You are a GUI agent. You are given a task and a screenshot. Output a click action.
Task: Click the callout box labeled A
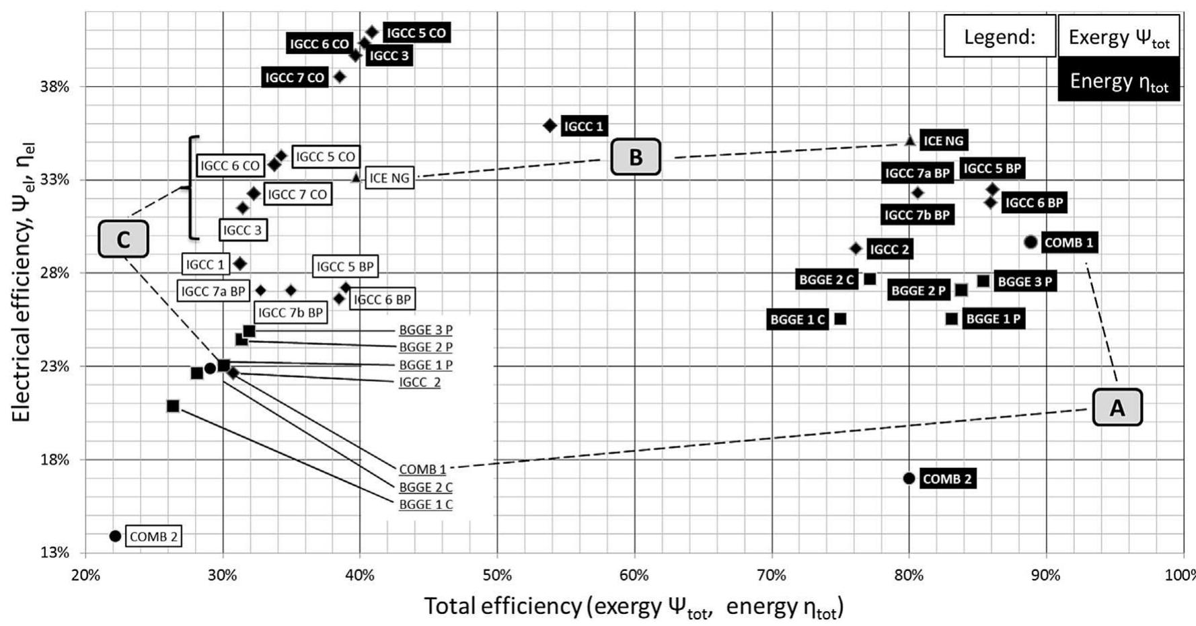[x=1117, y=407]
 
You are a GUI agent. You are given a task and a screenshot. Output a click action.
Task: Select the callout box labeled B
[x=636, y=157]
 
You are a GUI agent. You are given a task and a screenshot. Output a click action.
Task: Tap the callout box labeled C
[x=123, y=239]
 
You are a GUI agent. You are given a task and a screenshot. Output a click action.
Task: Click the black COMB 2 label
[x=947, y=479]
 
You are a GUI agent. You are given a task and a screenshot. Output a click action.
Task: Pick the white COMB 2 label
[x=153, y=537]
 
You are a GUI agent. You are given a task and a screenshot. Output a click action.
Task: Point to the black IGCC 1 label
[x=584, y=126]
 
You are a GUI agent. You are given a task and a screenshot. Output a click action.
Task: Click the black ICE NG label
[x=943, y=141]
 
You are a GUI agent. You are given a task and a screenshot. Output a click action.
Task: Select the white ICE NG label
[x=389, y=178]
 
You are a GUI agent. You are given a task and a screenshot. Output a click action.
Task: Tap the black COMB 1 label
[x=1069, y=242]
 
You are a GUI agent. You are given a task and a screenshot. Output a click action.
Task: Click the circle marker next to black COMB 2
[x=909, y=478]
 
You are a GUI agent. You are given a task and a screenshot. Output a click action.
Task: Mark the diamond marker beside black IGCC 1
[x=550, y=125]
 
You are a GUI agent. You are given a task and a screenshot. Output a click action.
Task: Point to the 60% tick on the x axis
[x=634, y=576]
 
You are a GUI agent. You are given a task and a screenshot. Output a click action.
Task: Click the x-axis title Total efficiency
[x=633, y=607]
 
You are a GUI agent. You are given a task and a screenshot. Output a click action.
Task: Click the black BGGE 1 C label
[x=797, y=319]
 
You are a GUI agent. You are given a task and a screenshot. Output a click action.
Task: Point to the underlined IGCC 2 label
[x=420, y=382]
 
